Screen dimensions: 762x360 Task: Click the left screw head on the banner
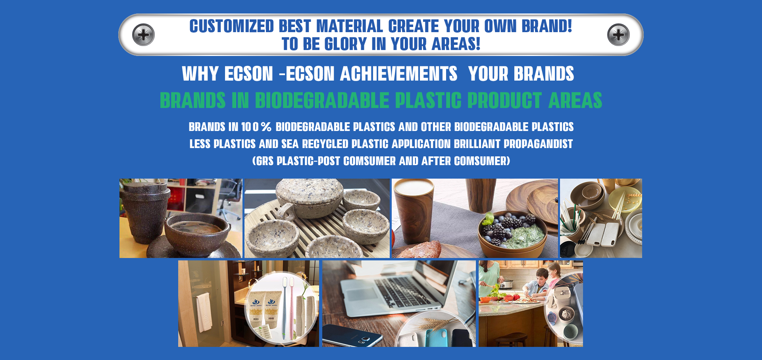pyautogui.click(x=143, y=35)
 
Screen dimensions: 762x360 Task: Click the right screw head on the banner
pyautogui.click(x=618, y=35)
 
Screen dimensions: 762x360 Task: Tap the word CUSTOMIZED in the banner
pyautogui.click(x=232, y=26)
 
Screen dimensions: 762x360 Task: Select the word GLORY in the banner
pyautogui.click(x=345, y=44)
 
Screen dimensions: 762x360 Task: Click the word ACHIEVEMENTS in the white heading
pyautogui.click(x=398, y=74)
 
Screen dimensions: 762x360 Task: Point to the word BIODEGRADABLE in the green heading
pyautogui.click(x=322, y=100)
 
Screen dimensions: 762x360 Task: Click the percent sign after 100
pyautogui.click(x=266, y=127)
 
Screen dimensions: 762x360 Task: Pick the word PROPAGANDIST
pyautogui.click(x=538, y=144)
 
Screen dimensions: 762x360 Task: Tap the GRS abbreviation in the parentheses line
pyautogui.click(x=265, y=161)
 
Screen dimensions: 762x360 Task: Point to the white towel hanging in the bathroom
pyautogui.click(x=204, y=312)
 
